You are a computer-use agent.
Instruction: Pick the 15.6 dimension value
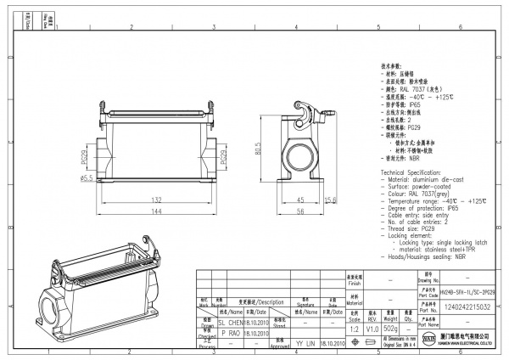click(332, 200)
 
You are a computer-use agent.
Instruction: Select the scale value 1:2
click(352, 328)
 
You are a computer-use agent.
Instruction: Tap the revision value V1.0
click(372, 328)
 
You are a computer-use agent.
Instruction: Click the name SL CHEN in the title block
click(230, 323)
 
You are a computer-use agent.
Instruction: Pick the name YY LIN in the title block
click(305, 345)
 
